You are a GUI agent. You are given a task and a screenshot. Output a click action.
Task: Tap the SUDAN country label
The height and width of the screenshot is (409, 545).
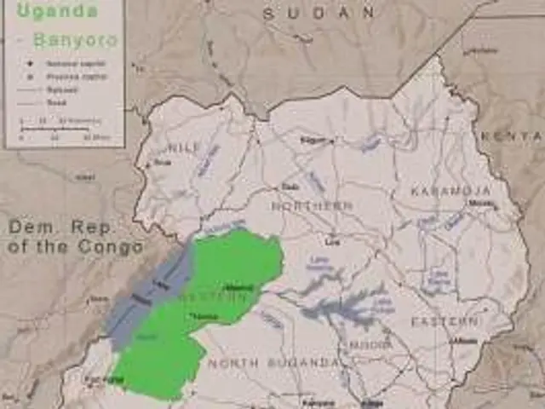[318, 13]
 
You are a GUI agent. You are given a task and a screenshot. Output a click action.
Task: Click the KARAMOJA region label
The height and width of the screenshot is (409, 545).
[451, 191]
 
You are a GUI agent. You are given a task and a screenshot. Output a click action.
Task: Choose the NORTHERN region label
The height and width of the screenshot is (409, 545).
[313, 205]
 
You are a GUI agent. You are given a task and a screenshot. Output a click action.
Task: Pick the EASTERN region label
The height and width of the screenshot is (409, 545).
[445, 321]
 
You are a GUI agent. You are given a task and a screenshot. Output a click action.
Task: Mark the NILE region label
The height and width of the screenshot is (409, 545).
[185, 147]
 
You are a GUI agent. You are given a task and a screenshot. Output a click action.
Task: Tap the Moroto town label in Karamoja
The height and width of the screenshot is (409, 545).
[481, 204]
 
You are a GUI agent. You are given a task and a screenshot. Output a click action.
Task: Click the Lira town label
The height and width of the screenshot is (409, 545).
[332, 242]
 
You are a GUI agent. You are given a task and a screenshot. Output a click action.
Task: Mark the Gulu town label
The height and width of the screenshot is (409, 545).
[290, 187]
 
